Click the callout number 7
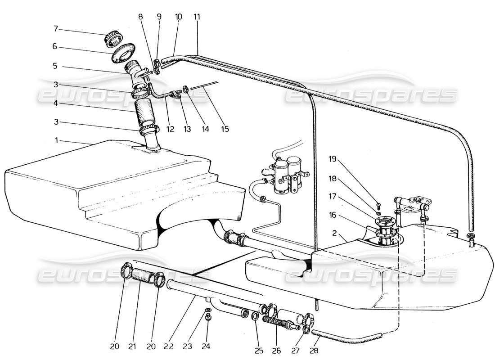pyautogui.click(x=56, y=29)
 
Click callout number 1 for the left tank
pyautogui.click(x=56, y=140)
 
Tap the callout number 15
pyautogui.click(x=225, y=129)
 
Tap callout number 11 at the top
pyautogui.click(x=197, y=17)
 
